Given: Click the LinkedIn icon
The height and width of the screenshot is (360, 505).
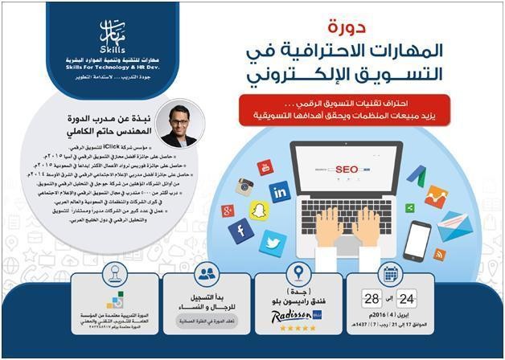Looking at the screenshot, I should (279, 191).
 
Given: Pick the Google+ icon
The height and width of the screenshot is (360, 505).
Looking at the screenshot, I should (228, 211).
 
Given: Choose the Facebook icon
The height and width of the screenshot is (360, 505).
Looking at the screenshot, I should (241, 231).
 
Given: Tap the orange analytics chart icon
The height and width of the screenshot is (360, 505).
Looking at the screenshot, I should (436, 195).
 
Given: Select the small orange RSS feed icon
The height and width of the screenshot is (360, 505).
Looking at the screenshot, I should (439, 254).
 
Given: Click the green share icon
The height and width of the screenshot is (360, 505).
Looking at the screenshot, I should (410, 208).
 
